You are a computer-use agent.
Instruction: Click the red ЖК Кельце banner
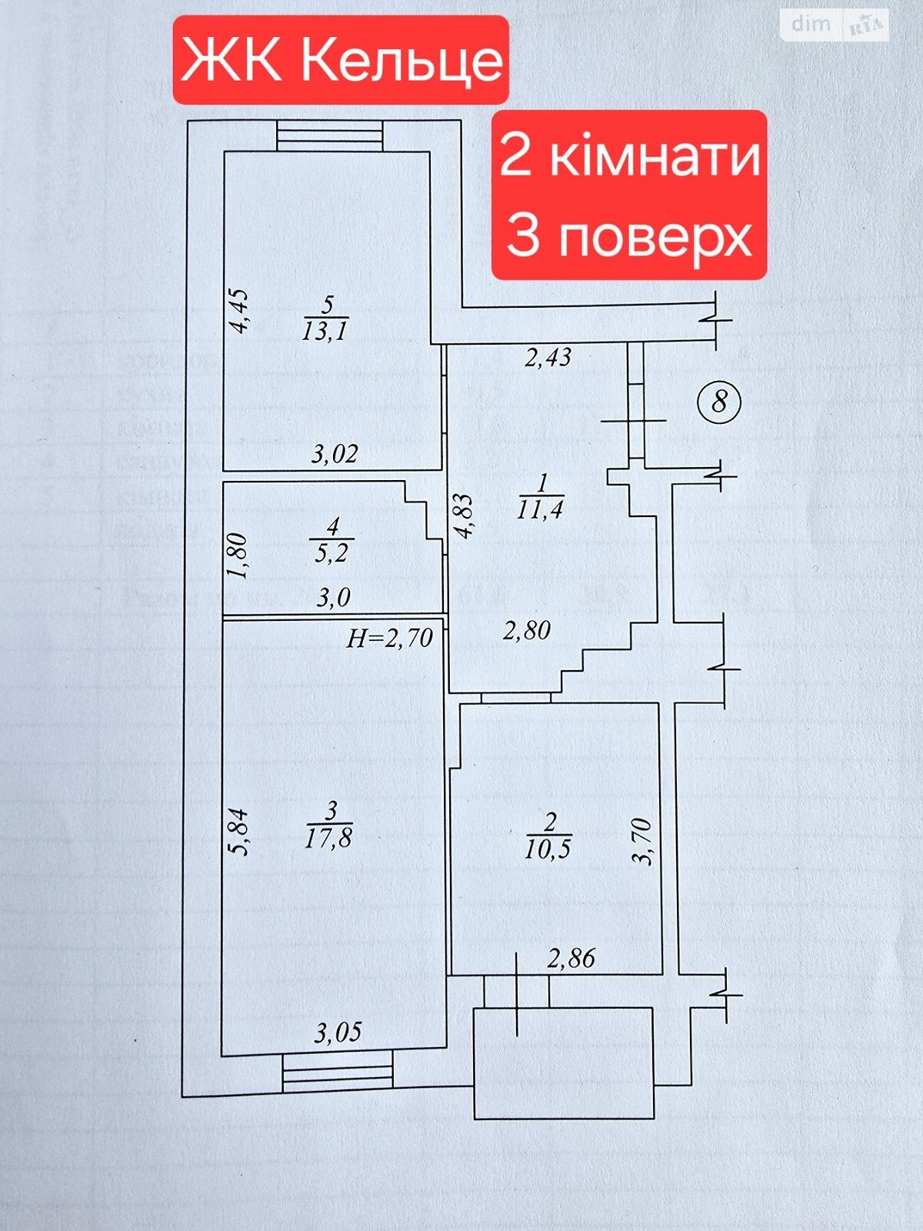341,60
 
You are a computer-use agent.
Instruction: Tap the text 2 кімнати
630,156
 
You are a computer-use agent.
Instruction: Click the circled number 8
719,402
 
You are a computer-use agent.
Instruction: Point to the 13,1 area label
328,331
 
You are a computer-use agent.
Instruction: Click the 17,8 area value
328,837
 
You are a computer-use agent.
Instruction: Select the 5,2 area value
332,552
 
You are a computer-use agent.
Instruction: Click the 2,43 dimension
548,357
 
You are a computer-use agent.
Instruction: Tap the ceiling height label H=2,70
389,637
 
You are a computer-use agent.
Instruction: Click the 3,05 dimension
338,1032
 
